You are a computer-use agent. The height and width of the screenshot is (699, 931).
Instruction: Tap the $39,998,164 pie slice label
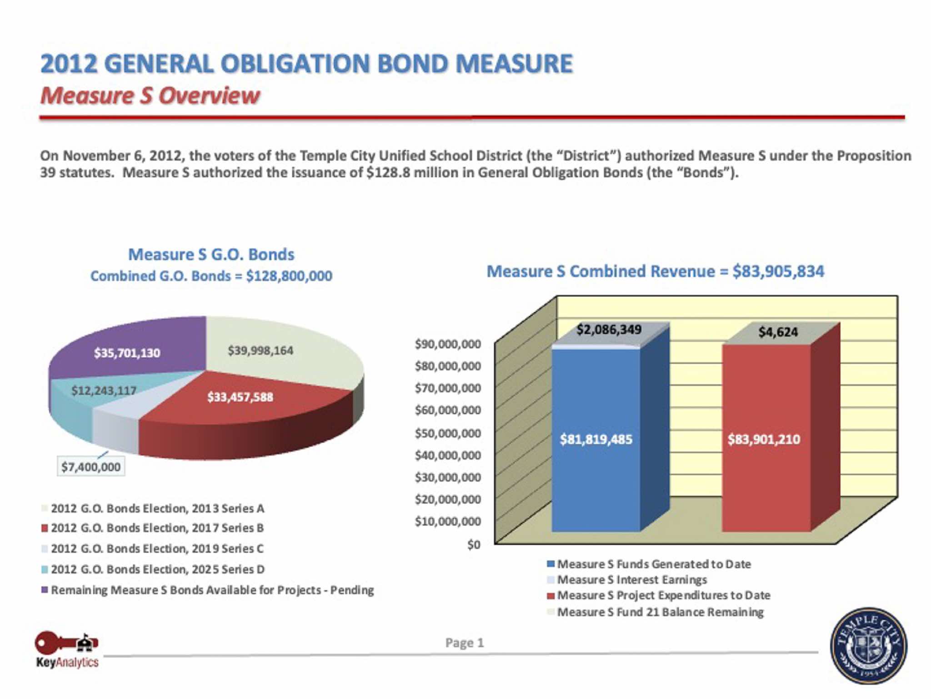(260, 350)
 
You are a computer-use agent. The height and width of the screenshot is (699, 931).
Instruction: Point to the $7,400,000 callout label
(91, 467)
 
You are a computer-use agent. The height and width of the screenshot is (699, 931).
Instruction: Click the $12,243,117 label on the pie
(104, 390)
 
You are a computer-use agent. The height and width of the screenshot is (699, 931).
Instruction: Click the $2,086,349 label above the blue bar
(609, 329)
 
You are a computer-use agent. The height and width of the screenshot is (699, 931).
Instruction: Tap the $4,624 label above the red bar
(778, 332)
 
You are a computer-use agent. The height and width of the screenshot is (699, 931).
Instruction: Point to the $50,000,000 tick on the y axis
(448, 433)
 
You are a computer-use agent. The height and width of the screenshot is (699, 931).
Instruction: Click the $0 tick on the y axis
(474, 545)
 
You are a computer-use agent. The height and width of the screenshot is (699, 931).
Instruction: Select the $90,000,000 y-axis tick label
(448, 344)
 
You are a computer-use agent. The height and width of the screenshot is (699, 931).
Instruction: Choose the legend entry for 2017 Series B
(157, 528)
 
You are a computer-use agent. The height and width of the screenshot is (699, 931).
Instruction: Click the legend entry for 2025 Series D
(157, 569)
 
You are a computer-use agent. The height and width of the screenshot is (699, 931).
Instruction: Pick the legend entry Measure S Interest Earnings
(632, 580)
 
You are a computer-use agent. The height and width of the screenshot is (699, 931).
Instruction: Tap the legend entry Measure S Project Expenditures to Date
(664, 595)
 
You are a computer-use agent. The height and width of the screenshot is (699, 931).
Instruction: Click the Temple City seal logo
(868, 646)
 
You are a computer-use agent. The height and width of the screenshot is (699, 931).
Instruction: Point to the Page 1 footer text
(465, 643)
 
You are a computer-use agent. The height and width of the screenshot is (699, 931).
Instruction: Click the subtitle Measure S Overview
(150, 96)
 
